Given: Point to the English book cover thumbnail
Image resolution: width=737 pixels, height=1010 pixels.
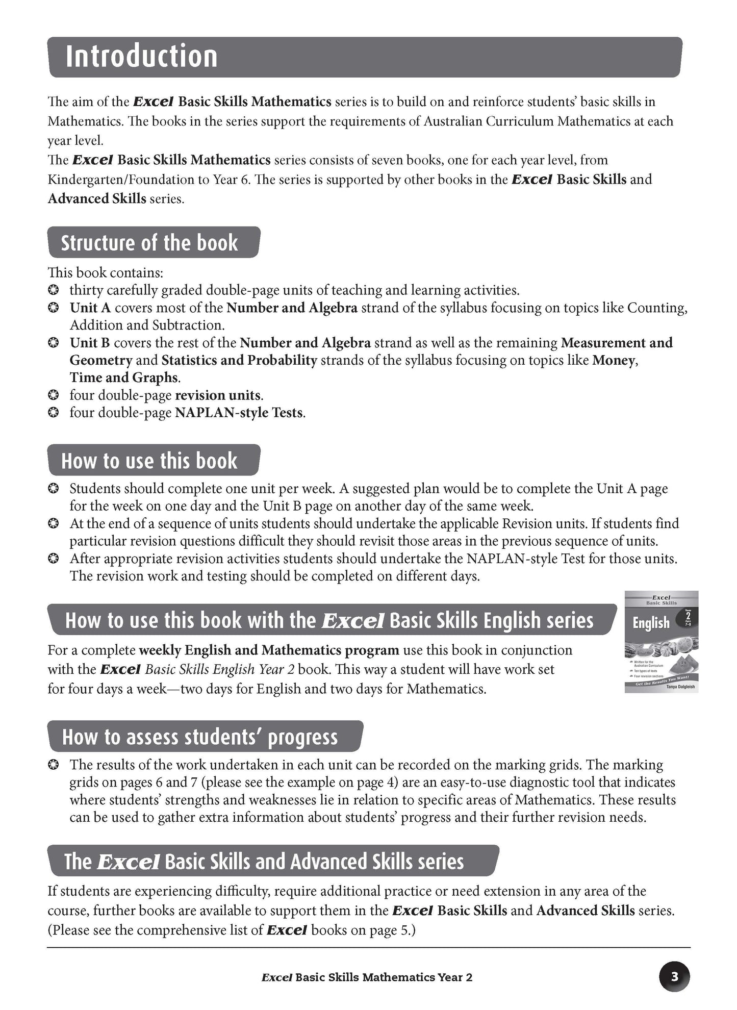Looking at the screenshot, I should point(661,641).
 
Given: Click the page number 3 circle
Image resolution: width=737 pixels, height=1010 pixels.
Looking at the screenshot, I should point(674,977).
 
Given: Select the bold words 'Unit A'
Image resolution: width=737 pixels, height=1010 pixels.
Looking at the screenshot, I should point(90,308).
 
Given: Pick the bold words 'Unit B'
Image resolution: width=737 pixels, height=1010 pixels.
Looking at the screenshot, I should point(90,343).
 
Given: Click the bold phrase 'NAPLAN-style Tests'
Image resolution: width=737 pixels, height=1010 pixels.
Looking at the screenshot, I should point(239,412).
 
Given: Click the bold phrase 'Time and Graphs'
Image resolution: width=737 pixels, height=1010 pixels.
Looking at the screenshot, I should point(124,377).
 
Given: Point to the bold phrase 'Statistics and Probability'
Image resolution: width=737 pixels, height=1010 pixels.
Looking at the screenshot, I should point(239,360).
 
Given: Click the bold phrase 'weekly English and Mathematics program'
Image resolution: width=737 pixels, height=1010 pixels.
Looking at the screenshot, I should point(269,650).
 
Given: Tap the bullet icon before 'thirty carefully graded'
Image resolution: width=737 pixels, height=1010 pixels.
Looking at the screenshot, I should point(53,291).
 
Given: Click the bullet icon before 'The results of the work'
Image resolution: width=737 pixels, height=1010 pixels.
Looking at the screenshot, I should point(53,765).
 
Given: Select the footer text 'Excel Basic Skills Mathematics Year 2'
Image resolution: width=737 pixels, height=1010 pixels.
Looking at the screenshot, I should point(366,977).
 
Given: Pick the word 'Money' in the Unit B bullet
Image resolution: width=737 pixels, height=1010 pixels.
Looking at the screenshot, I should point(614,360).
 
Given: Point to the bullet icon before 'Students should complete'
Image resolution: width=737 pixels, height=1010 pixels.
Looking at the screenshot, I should point(53,489).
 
